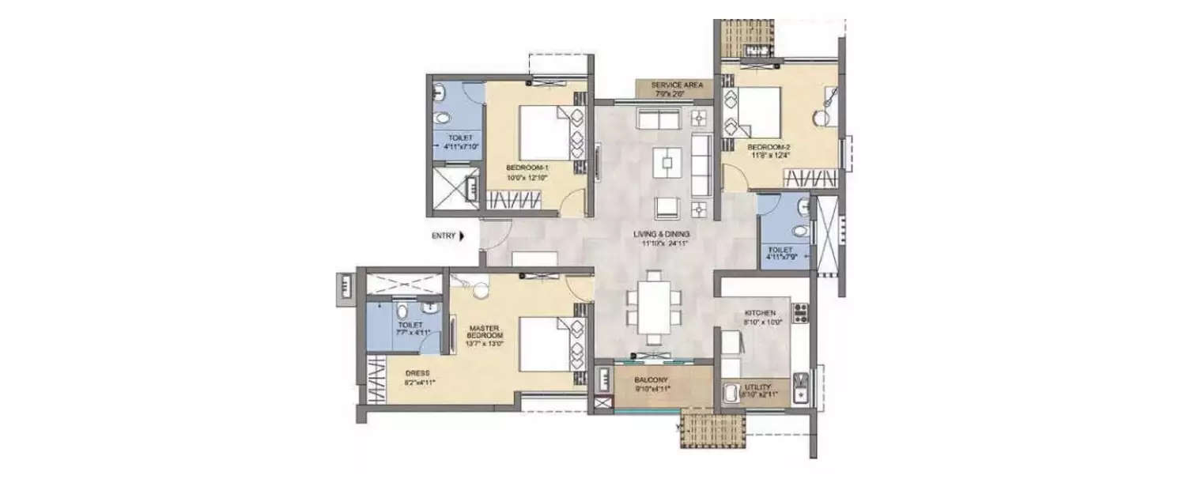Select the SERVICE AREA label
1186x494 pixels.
672,85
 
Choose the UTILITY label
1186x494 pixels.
757,387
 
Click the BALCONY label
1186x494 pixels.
652,379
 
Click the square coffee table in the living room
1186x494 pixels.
668,163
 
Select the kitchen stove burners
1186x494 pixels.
799,313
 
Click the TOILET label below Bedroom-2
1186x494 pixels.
784,249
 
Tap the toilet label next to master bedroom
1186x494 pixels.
410,325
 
